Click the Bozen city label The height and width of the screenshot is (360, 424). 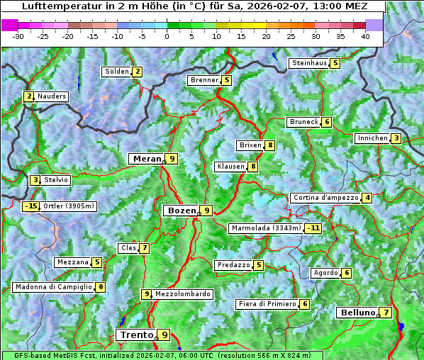(x=180, y=210)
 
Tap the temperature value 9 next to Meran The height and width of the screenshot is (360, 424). (x=172, y=159)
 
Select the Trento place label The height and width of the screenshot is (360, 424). (x=137, y=334)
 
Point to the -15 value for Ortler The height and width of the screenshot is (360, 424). (x=31, y=206)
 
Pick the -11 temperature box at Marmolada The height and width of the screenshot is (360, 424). (x=313, y=228)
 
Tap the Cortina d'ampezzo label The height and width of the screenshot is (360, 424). (x=325, y=198)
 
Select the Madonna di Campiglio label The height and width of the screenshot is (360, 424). (x=53, y=287)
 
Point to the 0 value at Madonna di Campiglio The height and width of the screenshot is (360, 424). (x=101, y=287)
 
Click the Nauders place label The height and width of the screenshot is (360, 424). (x=51, y=96)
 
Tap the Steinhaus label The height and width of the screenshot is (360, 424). (x=309, y=63)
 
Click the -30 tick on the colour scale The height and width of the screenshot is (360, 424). (x=18, y=36)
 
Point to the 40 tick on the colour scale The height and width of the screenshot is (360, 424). (x=365, y=36)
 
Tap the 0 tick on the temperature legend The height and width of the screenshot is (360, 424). (x=167, y=36)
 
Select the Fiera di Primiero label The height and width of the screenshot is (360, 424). (x=267, y=304)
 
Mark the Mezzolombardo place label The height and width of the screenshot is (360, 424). (x=182, y=294)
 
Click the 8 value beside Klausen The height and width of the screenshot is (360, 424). (x=252, y=167)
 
